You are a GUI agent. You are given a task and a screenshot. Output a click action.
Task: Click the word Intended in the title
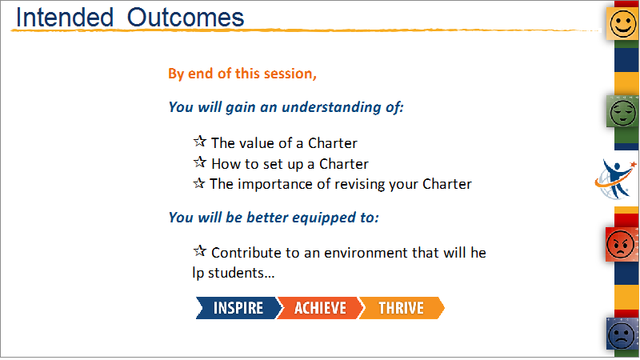(65, 18)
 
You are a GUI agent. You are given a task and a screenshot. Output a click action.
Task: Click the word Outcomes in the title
(186, 18)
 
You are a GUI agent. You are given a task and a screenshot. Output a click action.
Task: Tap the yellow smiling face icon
(623, 24)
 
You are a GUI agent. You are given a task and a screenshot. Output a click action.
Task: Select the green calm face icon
(623, 111)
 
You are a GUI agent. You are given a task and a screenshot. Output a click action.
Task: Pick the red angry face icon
(621, 245)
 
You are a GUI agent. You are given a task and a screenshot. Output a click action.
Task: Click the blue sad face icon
(622, 334)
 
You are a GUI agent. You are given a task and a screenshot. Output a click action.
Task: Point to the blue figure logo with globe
(615, 179)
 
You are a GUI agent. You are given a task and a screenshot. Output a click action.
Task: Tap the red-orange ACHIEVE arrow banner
(320, 308)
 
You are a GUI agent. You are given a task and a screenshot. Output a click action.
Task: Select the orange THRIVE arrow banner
(402, 308)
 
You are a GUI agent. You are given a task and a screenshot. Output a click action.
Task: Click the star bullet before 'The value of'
(199, 142)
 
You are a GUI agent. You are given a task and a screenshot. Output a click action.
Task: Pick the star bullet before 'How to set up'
(199, 162)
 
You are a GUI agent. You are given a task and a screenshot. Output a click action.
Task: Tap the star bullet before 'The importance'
(198, 183)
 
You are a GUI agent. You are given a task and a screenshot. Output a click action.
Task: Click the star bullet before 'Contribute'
(199, 250)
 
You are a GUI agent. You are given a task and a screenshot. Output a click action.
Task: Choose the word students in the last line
(242, 273)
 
